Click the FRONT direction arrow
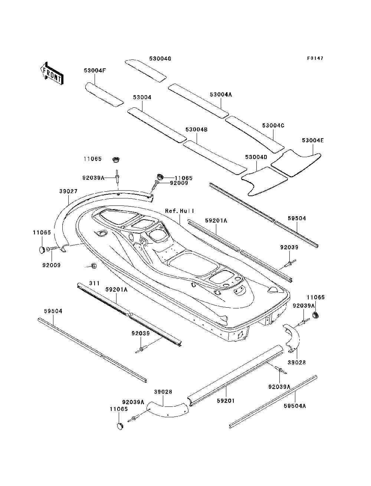(52, 73)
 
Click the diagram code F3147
(315, 58)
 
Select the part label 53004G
(160, 59)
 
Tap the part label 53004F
(95, 70)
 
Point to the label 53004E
(313, 140)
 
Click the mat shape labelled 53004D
(265, 181)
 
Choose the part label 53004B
(197, 130)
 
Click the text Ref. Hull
(180, 211)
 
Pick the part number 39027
(68, 191)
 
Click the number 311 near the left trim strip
(94, 283)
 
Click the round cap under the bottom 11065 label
(120, 426)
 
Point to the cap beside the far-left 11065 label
(42, 250)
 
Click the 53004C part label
(273, 126)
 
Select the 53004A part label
(221, 94)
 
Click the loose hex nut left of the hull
(93, 265)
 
